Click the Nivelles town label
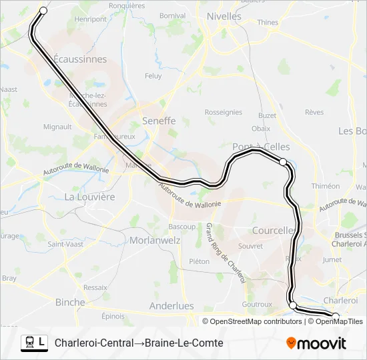point(224,15)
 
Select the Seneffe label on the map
point(159,121)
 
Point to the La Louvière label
point(89,197)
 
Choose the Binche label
point(70,302)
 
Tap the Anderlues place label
point(171,306)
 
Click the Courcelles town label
point(274,230)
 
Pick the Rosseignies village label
point(224,113)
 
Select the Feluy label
point(153,76)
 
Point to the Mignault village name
point(57,126)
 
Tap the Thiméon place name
point(326,186)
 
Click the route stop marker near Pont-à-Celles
point(283,162)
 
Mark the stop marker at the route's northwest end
point(44,11)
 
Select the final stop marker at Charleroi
point(336,316)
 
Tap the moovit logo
point(316,343)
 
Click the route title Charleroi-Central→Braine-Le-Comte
point(139,343)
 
